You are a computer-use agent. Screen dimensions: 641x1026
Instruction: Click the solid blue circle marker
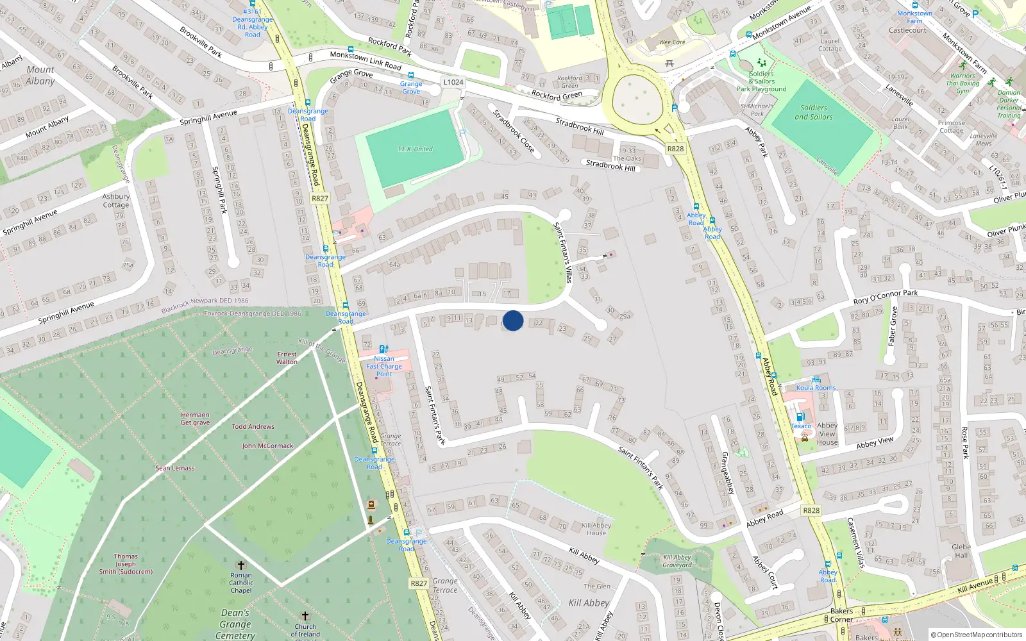pos(513,320)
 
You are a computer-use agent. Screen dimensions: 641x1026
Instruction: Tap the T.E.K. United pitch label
pos(415,149)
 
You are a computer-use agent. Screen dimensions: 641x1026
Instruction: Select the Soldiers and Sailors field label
pos(813,113)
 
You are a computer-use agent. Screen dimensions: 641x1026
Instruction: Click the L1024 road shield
pos(453,82)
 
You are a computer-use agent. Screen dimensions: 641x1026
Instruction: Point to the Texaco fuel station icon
pos(800,417)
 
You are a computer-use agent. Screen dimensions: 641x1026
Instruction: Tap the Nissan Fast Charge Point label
pos(384,366)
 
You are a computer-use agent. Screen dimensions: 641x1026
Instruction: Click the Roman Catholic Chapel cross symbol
pos(241,565)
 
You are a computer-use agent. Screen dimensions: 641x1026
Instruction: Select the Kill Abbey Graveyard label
pos(677,561)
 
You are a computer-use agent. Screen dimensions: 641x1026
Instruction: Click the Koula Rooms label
pos(816,388)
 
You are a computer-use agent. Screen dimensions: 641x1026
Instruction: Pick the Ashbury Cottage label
pos(116,201)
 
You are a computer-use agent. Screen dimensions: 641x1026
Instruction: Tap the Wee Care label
pos(672,42)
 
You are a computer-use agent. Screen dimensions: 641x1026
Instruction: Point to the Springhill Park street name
pos(219,190)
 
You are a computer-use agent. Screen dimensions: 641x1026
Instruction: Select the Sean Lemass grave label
pos(174,468)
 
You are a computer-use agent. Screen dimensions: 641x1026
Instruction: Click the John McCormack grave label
pos(267,445)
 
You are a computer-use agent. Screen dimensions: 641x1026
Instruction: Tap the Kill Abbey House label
pos(596,529)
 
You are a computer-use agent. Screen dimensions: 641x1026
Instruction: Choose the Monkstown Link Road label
pos(366,61)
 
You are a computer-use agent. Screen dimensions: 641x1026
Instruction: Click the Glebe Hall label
pos(961,551)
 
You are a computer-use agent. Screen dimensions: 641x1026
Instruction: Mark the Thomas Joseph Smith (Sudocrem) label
pos(126,564)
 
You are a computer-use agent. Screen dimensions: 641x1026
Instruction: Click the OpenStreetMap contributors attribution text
pos(977,635)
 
